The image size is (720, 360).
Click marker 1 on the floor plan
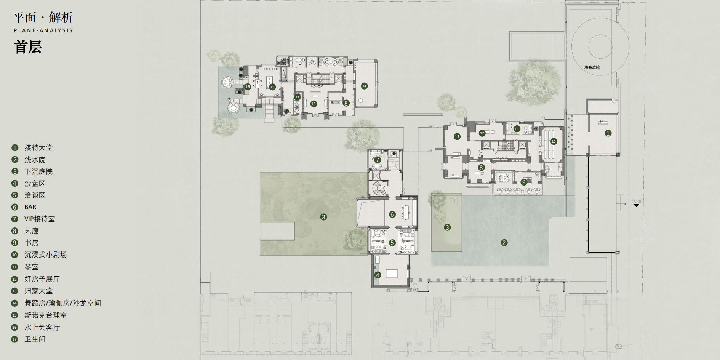(608, 133)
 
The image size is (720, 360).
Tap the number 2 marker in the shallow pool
(504, 243)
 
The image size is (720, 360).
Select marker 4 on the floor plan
(377, 275)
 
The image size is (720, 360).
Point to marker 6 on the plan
(392, 214)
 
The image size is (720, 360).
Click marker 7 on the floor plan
(378, 160)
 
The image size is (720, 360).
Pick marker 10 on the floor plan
(554, 141)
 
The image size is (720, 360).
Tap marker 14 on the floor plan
(364, 86)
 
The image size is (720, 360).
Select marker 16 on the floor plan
(248, 87)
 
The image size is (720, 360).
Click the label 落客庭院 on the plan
(592, 67)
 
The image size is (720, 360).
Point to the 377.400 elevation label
(637, 201)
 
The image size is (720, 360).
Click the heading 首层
(28, 48)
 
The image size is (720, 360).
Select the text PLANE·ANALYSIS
(43, 30)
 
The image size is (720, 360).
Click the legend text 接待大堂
(38, 147)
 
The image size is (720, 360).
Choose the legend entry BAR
(30, 207)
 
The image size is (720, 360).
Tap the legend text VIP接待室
(40, 219)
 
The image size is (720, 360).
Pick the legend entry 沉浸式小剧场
(46, 254)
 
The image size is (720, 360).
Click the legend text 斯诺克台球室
(46, 315)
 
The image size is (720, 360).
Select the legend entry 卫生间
(35, 339)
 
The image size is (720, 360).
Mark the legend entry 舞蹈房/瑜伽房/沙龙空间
(63, 303)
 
